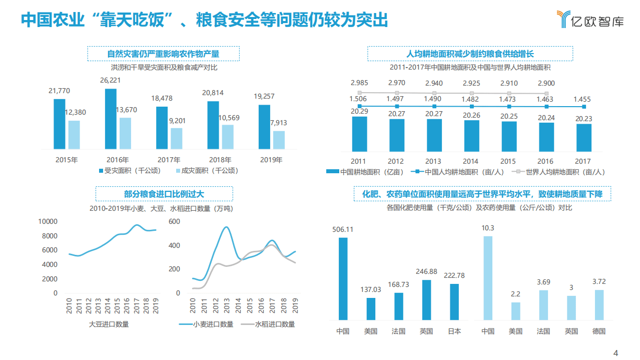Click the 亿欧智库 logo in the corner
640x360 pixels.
tap(590, 19)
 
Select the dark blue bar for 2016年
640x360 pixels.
tap(111, 119)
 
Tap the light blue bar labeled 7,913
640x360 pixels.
tap(279, 140)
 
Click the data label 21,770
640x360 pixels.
tap(59, 91)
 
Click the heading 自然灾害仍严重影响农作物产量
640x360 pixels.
tap(163, 54)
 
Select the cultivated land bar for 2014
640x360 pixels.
tap(471, 136)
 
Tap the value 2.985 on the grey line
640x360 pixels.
tap(359, 83)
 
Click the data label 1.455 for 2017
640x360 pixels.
tap(582, 99)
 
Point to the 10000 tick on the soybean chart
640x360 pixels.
tap(49, 221)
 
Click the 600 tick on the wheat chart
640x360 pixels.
tap(174, 221)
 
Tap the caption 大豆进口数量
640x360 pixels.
tap(109, 324)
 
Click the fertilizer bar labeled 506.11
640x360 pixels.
tap(343, 278)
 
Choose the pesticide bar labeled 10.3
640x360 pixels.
tap(488, 278)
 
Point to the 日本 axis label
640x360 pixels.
tap(454, 331)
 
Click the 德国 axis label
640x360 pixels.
tap(599, 331)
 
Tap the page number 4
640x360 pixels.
tap(616, 352)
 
